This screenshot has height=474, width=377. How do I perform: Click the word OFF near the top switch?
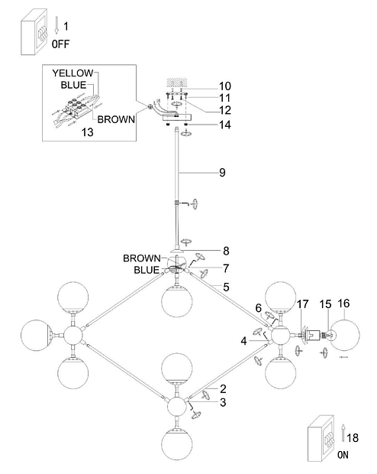coord(60,44)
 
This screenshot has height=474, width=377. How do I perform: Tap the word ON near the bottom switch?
coord(343,455)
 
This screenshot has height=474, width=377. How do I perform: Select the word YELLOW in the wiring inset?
coord(72,73)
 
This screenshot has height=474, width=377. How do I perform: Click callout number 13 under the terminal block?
coord(88,132)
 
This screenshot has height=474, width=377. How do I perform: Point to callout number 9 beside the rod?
coord(222,172)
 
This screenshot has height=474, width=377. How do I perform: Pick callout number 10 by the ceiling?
coord(225,86)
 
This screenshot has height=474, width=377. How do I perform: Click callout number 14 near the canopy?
coord(225,125)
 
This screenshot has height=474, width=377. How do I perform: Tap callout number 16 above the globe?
coord(343,304)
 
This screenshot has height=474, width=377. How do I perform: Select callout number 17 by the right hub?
coord(303,304)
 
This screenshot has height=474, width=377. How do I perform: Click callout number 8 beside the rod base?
coord(226,251)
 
